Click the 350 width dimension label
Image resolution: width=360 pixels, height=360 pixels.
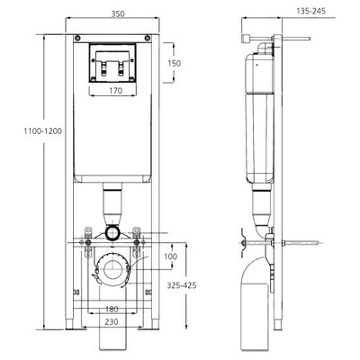coord(118,14)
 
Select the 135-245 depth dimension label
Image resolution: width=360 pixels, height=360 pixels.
coord(311,12)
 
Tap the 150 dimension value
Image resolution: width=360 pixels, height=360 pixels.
coord(174,63)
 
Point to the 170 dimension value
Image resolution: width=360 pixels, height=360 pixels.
coord(116,90)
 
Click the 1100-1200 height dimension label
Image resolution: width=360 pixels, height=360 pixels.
coord(43,131)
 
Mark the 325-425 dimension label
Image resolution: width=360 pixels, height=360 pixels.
coord(182,285)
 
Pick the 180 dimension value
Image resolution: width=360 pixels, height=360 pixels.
coord(112,310)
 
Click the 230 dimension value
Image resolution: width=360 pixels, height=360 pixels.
coord(112,322)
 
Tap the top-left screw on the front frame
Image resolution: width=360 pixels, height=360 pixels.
coord(77,38)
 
